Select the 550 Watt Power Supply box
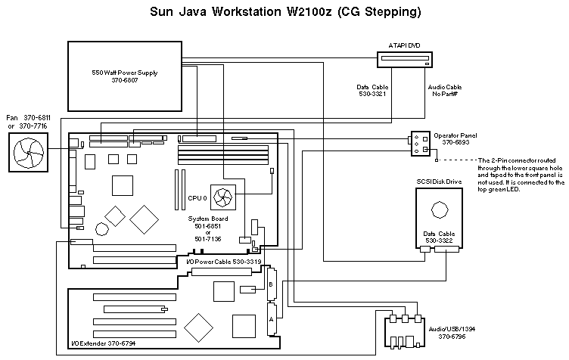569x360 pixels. pyautogui.click(x=124, y=75)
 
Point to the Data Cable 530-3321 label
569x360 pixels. pyautogui.click(x=373, y=91)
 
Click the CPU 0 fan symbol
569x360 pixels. pyautogui.click(x=224, y=198)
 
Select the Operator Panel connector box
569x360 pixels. pyautogui.click(x=420, y=144)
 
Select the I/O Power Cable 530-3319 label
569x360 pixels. pyautogui.click(x=223, y=262)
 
